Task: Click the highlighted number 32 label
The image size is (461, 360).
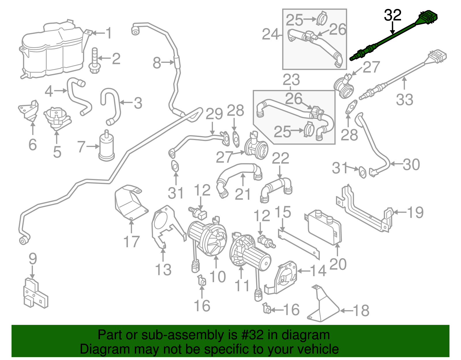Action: [392, 15]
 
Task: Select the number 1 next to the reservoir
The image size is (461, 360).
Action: [109, 33]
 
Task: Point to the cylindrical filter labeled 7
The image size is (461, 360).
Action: [107, 146]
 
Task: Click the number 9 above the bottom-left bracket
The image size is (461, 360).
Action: [33, 259]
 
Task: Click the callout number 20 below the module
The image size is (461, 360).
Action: [338, 264]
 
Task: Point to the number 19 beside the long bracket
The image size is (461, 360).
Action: [415, 213]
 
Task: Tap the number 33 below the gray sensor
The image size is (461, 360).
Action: [405, 99]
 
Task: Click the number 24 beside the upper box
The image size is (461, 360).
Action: [270, 34]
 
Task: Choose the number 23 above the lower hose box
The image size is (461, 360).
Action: [291, 80]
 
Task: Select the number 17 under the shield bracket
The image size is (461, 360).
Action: [131, 242]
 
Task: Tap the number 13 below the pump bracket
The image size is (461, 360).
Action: [163, 269]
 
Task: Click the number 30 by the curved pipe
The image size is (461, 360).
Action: [411, 165]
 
